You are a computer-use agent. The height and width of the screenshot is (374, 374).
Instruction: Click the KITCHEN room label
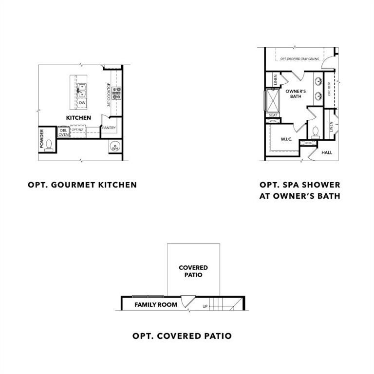78,118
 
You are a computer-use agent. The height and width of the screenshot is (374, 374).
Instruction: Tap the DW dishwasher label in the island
82,103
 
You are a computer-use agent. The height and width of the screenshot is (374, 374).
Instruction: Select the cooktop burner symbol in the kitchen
117,93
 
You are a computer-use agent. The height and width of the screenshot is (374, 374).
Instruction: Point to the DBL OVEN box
64,132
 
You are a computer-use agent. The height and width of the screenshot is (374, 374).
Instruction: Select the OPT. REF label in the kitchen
78,130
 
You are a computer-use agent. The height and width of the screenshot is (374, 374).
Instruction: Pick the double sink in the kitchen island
81,90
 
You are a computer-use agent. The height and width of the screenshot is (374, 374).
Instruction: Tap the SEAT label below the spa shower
272,115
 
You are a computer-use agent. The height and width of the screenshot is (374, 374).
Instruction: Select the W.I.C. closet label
286,139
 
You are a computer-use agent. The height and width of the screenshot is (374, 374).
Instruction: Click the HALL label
327,152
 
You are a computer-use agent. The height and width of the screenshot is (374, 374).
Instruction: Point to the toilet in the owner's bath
315,131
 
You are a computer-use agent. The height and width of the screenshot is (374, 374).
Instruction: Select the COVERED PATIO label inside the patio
193,271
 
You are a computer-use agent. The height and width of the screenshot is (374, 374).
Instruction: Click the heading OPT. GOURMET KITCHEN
82,185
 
